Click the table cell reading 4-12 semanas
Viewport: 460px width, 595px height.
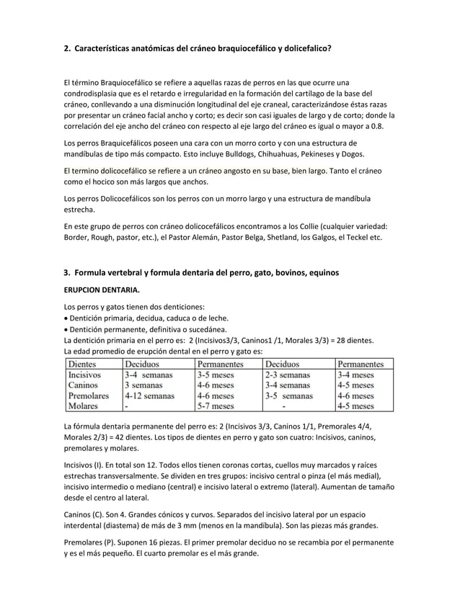pyautogui.click(x=149, y=395)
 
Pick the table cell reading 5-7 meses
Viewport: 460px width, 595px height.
pyautogui.click(x=216, y=406)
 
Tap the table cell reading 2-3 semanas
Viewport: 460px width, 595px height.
pyautogui.click(x=287, y=375)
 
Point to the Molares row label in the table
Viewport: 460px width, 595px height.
pyautogui.click(x=84, y=406)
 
